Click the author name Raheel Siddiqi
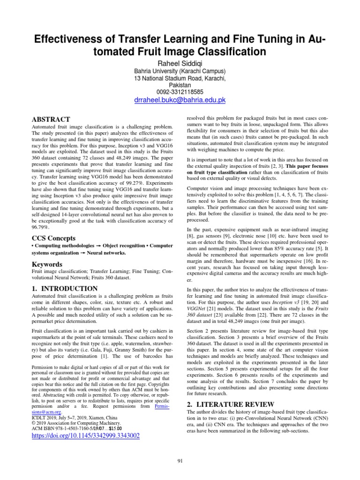pos(180,62)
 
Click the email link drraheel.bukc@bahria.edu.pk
pos(180,100)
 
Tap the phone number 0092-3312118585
pos(180,91)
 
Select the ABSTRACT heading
pos(51,119)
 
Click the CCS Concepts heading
pos(53,238)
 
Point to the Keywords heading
pos(47,264)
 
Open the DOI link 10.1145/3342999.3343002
pos(85,435)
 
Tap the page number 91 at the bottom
pos(180,461)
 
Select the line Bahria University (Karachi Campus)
pos(180,71)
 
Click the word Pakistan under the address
pos(180,85)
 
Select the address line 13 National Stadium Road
pos(180,78)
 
